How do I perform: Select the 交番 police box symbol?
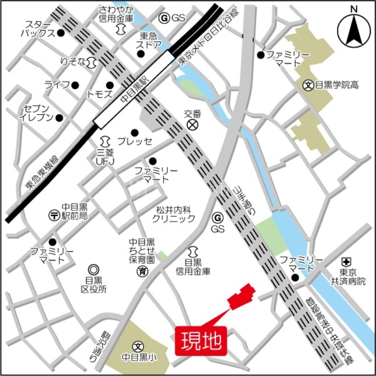click(x=192, y=125)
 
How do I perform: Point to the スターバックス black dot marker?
click(x=61, y=33)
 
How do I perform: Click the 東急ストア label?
click(x=150, y=40)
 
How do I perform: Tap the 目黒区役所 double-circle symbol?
click(x=94, y=269)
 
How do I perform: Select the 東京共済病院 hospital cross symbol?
click(x=346, y=262)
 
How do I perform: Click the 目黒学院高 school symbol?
click(x=308, y=85)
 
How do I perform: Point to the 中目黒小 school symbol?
click(x=137, y=346)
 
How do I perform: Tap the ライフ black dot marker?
click(x=75, y=85)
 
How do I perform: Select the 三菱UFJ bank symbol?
click(x=105, y=140)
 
